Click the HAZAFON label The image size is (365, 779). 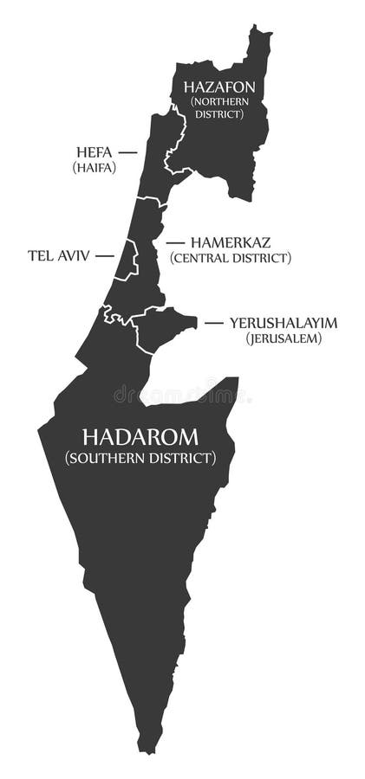point(218,87)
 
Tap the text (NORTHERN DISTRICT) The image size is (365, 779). point(218,107)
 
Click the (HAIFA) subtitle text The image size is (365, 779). point(95,168)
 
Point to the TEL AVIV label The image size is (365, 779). point(59,256)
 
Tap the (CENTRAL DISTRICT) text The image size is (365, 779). point(231,258)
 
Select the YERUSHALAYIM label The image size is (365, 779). point(284,323)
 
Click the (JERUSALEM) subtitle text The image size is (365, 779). point(284,338)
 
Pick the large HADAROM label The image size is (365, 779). point(140,436)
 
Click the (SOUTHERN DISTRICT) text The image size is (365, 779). point(140,458)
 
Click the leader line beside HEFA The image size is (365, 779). point(127,152)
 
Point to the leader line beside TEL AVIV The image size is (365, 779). point(105,256)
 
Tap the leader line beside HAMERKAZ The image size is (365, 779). point(174,243)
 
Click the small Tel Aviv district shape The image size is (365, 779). point(127,261)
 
